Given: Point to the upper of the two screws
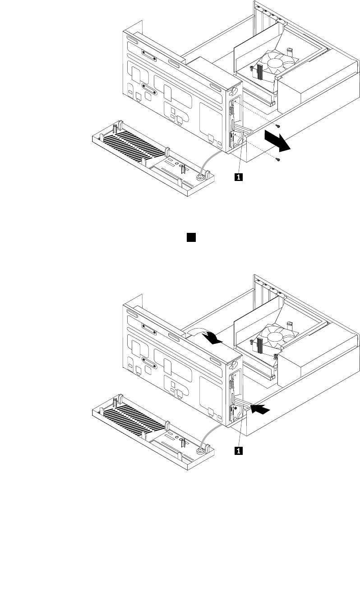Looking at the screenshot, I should (x=278, y=126).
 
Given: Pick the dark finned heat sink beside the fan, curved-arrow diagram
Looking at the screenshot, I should (x=259, y=346).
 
